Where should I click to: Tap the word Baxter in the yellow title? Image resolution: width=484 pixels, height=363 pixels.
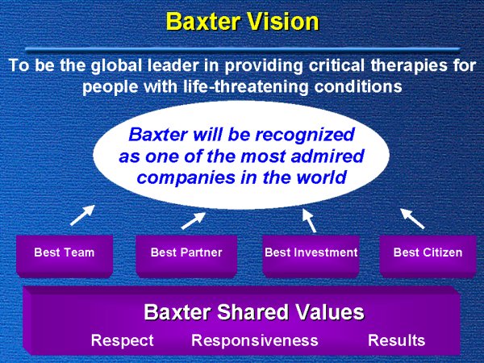click(x=203, y=21)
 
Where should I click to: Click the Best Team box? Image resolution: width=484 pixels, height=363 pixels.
click(x=65, y=257)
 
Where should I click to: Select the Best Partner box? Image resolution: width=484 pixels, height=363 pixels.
click(x=186, y=257)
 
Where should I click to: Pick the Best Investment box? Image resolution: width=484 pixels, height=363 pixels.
click(x=311, y=257)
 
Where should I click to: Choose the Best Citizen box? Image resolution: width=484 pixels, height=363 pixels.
click(x=428, y=257)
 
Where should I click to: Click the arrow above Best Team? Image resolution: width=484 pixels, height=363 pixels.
click(x=82, y=215)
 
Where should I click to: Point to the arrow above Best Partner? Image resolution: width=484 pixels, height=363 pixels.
click(x=194, y=221)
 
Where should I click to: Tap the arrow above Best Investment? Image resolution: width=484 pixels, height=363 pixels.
click(x=309, y=220)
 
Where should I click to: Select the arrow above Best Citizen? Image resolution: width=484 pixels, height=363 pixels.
click(x=412, y=219)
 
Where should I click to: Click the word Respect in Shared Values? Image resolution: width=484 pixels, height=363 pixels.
click(x=123, y=340)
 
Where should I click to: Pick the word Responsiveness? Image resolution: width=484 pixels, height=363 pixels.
click(x=255, y=340)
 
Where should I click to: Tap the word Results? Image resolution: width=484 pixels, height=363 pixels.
click(x=396, y=340)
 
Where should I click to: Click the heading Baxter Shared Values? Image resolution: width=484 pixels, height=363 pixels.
click(x=254, y=311)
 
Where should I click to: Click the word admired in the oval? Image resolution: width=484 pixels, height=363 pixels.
click(x=328, y=156)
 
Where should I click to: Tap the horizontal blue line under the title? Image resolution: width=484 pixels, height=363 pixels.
click(x=243, y=49)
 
